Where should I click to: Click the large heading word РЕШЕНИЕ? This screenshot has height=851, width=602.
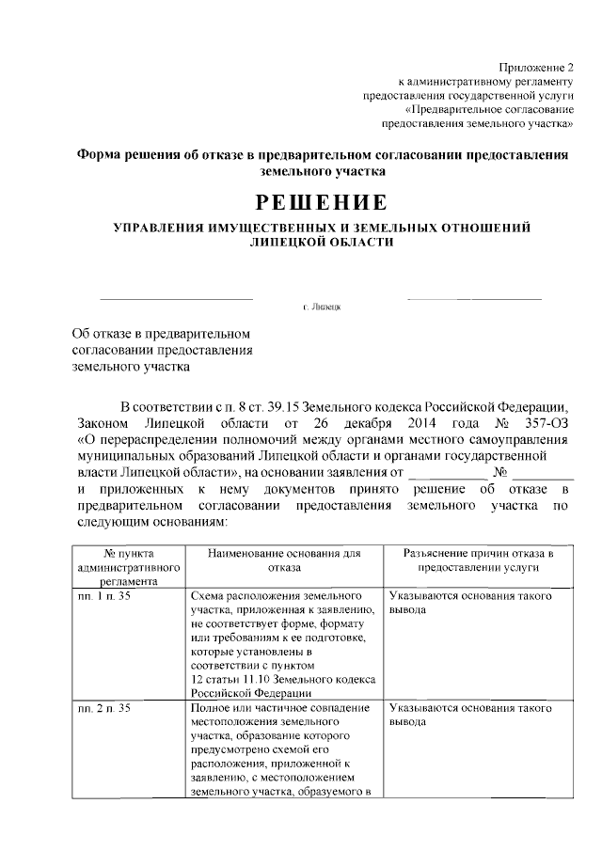coord(321,202)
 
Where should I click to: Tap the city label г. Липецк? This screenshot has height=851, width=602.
coord(321,307)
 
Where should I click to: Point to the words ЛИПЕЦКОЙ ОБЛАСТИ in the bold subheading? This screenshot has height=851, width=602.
coord(321,242)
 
